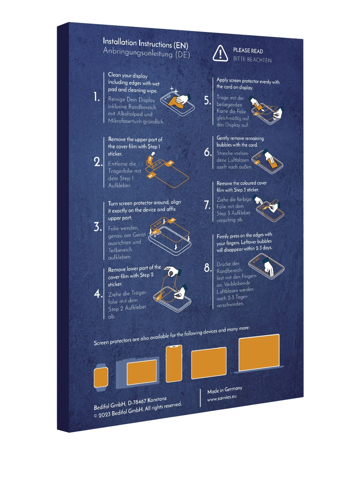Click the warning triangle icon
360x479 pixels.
click(220, 54)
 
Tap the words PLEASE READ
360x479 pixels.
click(248, 51)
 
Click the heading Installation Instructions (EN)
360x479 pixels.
click(145, 43)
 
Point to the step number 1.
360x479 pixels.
click(97, 97)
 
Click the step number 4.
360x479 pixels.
click(98, 294)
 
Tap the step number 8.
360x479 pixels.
click(208, 268)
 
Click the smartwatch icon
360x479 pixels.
click(101, 377)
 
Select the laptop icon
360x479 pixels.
click(259, 354)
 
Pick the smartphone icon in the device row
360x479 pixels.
click(174, 363)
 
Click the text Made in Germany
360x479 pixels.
click(225, 390)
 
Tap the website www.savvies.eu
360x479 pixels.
click(222, 398)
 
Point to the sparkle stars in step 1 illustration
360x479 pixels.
click(174, 90)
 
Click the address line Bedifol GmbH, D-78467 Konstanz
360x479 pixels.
click(130, 403)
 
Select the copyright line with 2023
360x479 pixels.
click(137, 410)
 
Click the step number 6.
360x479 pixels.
click(208, 152)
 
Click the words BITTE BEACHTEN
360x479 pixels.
click(252, 60)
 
